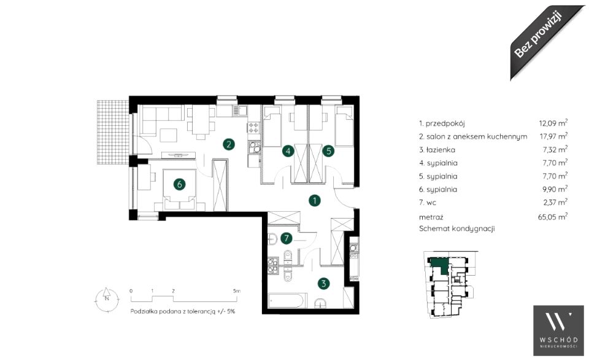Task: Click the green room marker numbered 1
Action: (x=314, y=200)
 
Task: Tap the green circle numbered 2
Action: (x=228, y=144)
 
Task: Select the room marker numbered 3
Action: (x=323, y=283)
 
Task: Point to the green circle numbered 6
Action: (x=180, y=184)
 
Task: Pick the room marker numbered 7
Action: (x=287, y=238)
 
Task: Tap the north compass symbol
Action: (x=107, y=299)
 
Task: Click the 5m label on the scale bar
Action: (x=236, y=290)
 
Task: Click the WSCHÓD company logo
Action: (x=558, y=330)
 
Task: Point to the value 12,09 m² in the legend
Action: (x=553, y=123)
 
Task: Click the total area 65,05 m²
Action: (x=553, y=216)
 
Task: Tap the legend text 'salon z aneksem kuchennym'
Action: (x=477, y=136)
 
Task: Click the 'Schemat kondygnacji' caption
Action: (x=456, y=228)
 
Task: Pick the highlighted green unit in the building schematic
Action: (x=439, y=265)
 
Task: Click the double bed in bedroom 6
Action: (x=180, y=190)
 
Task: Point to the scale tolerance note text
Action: (x=183, y=311)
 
